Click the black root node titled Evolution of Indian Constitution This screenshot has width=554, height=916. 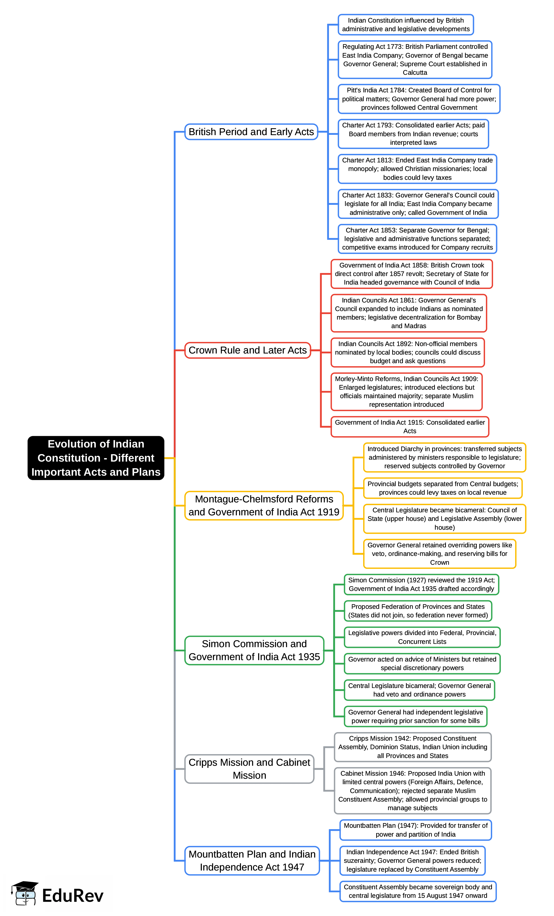(x=96, y=458)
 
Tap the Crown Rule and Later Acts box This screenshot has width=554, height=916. (x=247, y=350)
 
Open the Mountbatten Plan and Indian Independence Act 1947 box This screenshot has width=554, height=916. (x=252, y=860)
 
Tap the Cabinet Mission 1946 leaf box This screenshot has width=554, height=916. (x=412, y=790)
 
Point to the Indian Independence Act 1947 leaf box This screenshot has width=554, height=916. (x=412, y=860)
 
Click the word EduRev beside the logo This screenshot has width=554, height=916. (x=73, y=896)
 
